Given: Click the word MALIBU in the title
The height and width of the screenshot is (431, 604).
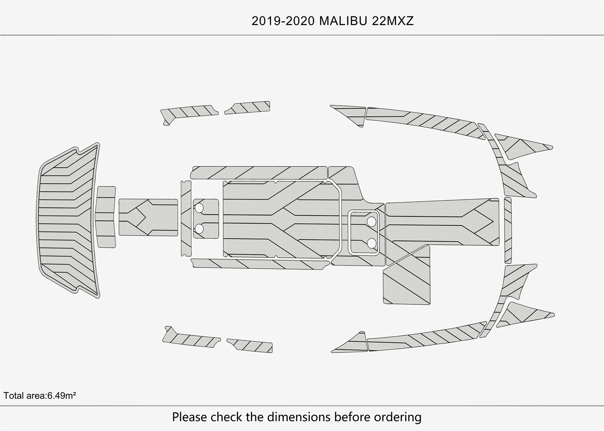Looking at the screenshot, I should [x=343, y=21].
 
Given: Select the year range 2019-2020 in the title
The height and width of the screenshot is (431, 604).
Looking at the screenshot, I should [x=283, y=21].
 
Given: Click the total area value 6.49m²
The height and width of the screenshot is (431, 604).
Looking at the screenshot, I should [x=62, y=395].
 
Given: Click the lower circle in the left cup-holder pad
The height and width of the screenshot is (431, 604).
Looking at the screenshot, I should [x=199, y=228].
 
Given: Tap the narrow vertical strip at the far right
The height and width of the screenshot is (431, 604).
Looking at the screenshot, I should [x=508, y=230].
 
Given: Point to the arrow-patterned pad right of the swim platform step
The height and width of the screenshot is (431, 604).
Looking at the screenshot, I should [x=148, y=217].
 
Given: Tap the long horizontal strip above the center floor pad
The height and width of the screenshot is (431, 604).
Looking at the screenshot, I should [x=259, y=172].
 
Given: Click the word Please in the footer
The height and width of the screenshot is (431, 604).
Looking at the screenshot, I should [x=189, y=417].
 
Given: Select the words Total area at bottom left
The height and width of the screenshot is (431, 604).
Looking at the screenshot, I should [x=24, y=395].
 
